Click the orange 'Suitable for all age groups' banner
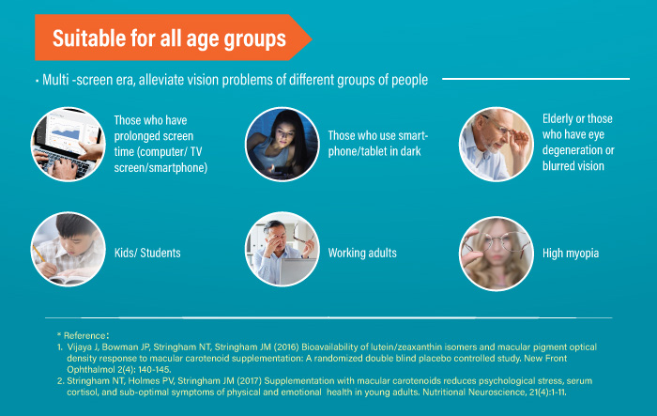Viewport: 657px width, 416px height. pos(173,38)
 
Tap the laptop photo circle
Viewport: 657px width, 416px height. pos(69,145)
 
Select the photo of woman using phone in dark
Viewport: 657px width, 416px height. pos(282,145)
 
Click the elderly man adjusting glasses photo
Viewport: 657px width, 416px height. pos(497,145)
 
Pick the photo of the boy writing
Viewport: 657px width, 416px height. pos(69,249)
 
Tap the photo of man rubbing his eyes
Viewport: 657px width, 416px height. pos(282,249)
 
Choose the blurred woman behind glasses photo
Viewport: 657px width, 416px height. pos(497,254)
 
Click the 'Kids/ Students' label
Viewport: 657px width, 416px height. pos(147,253)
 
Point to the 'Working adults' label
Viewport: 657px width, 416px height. pos(362,253)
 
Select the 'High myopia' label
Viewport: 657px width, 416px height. pos(571,254)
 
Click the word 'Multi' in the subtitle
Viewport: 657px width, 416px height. pos(55,79)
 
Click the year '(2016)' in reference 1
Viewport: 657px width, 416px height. pos(286,347)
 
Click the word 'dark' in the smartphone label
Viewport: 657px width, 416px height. pos(411,151)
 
